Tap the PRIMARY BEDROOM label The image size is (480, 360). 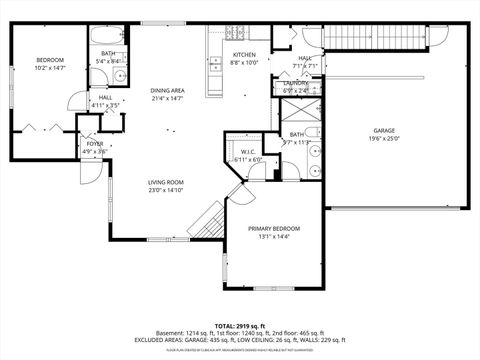pyautogui.click(x=273, y=229)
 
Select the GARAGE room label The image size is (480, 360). pyautogui.click(x=385, y=131)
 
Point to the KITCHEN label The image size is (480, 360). pyautogui.click(x=245, y=54)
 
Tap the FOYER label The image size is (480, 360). pyautogui.click(x=94, y=144)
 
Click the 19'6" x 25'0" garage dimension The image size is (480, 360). pyautogui.click(x=385, y=140)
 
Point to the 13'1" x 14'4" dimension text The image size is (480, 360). pyautogui.click(x=273, y=237)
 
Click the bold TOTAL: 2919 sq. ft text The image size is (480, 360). pyautogui.click(x=240, y=326)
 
